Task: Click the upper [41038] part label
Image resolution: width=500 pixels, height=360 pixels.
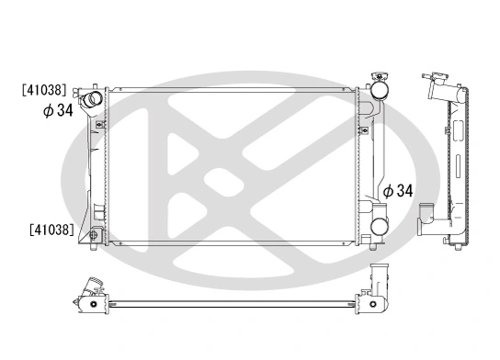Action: pyautogui.click(x=45, y=91)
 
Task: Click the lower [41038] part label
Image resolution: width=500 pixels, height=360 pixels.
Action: pyautogui.click(x=51, y=228)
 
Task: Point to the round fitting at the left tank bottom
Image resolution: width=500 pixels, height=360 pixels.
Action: pyautogui.click(x=95, y=235)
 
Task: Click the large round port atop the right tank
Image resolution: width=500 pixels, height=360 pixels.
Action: pyautogui.click(x=378, y=93)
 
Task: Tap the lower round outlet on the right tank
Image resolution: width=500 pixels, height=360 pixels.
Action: pyautogui.click(x=378, y=225)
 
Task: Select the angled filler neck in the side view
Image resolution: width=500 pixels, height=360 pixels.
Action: pyautogui.click(x=439, y=89)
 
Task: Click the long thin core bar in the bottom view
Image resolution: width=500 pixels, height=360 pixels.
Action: pyautogui.click(x=230, y=300)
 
